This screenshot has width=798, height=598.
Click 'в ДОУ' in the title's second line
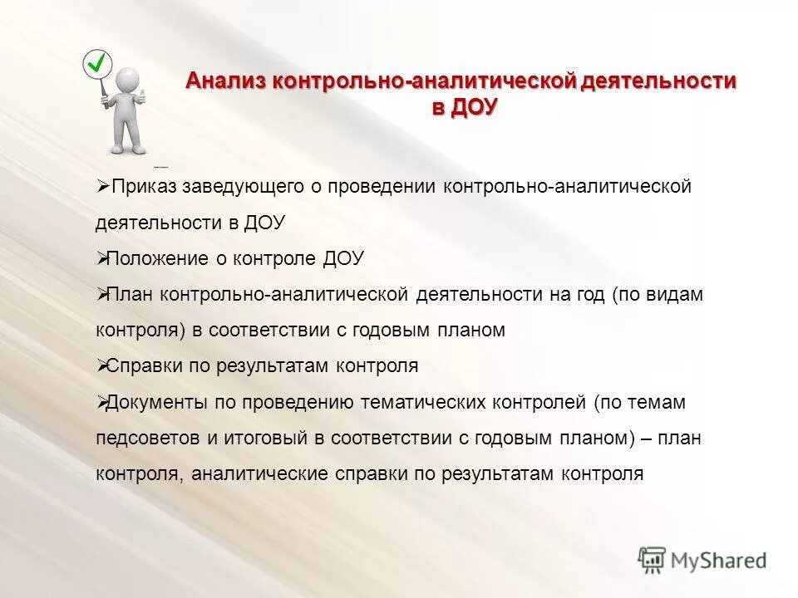(x=464, y=109)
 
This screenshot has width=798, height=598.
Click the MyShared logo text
(x=720, y=561)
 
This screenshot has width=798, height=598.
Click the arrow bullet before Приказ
(x=102, y=187)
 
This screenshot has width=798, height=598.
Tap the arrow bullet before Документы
(x=102, y=402)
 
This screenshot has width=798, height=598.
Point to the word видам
(x=672, y=294)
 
